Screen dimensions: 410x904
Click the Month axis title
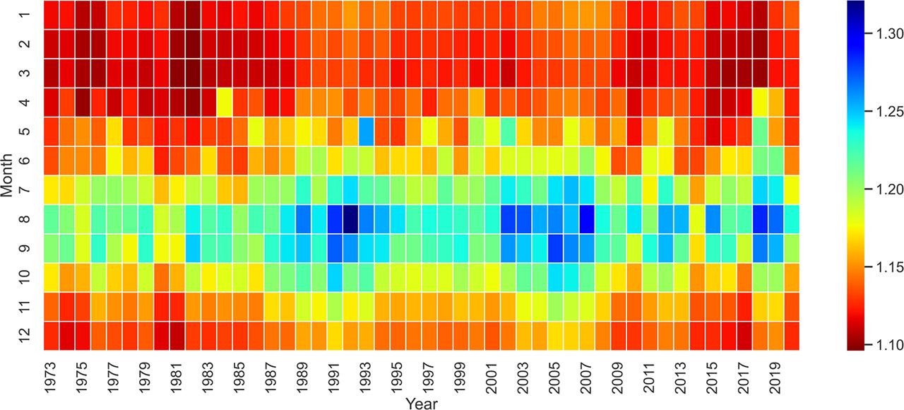[x=8, y=175]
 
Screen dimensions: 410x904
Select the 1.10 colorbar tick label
[x=879, y=345]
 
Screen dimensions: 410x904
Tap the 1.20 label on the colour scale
[x=879, y=189]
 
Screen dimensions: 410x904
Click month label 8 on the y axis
[x=28, y=218]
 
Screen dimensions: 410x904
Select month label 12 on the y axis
[x=28, y=335]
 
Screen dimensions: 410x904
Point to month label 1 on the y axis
[x=28, y=14]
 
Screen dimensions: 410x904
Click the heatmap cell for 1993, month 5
[x=367, y=131]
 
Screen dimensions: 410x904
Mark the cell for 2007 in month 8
[x=587, y=218]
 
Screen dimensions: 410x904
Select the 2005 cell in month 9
[x=555, y=247]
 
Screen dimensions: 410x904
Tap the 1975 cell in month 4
[x=83, y=102]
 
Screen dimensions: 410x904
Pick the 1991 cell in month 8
[x=335, y=218]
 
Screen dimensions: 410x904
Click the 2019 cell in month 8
[x=775, y=218]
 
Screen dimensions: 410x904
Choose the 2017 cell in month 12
[x=744, y=335]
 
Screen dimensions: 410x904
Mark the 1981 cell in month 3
[x=177, y=73]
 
